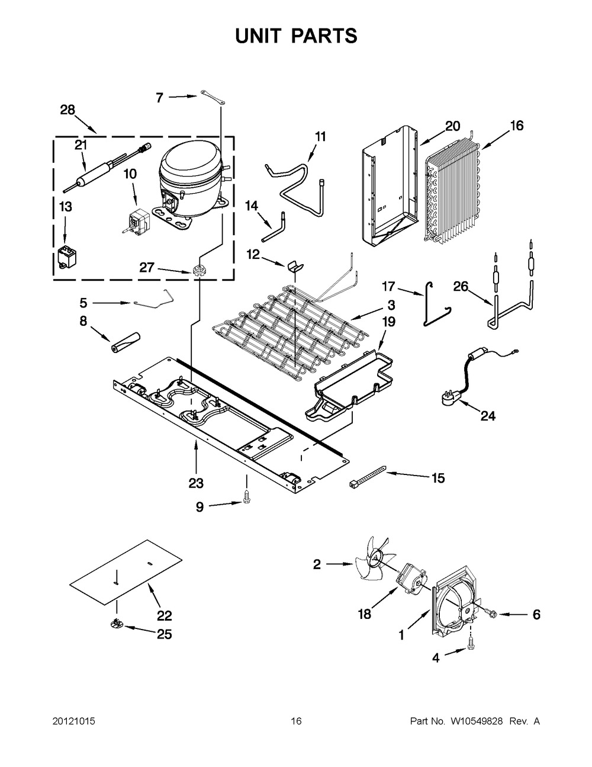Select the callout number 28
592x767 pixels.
pos(68,110)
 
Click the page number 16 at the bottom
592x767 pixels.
pos(296,721)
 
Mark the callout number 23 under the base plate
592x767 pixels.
pos(196,483)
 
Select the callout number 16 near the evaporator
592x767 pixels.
pos(516,126)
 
